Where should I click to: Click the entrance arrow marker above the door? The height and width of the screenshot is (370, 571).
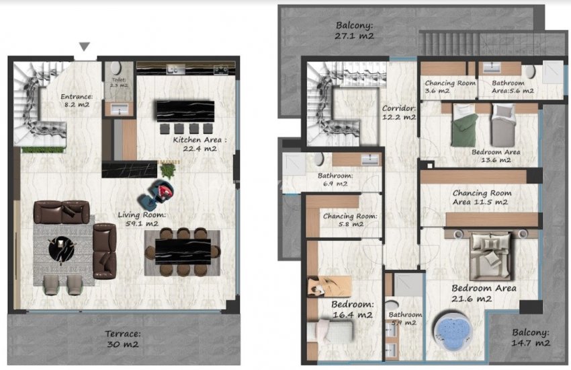pyautogui.click(x=84, y=46)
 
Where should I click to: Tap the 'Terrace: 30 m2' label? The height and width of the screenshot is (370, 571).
pyautogui.click(x=122, y=338)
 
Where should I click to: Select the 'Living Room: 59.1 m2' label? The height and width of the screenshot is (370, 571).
pyautogui.click(x=138, y=219)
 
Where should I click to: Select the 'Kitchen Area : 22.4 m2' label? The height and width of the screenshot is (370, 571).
pyautogui.click(x=200, y=144)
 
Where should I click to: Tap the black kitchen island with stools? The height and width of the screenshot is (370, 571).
pyautogui.click(x=185, y=111)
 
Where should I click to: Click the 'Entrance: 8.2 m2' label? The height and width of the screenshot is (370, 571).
pyautogui.click(x=77, y=100)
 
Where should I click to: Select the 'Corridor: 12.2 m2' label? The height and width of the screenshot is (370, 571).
pyautogui.click(x=399, y=112)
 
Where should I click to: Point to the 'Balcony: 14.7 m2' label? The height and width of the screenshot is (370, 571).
pyautogui.click(x=531, y=337)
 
